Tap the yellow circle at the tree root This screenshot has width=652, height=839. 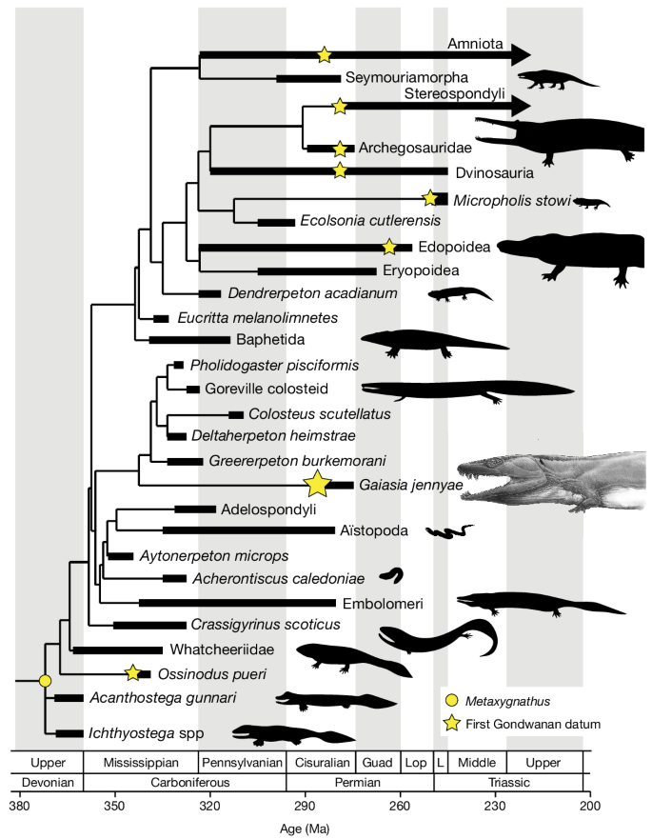coord(44,681)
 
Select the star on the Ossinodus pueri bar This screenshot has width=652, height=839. coord(133,673)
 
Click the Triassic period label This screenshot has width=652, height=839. coord(512,782)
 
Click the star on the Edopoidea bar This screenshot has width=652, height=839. coord(388,248)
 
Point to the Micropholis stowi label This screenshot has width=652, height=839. coord(510,200)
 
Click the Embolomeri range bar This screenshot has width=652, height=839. coord(237,603)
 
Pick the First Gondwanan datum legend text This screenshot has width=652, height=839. coord(532,724)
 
